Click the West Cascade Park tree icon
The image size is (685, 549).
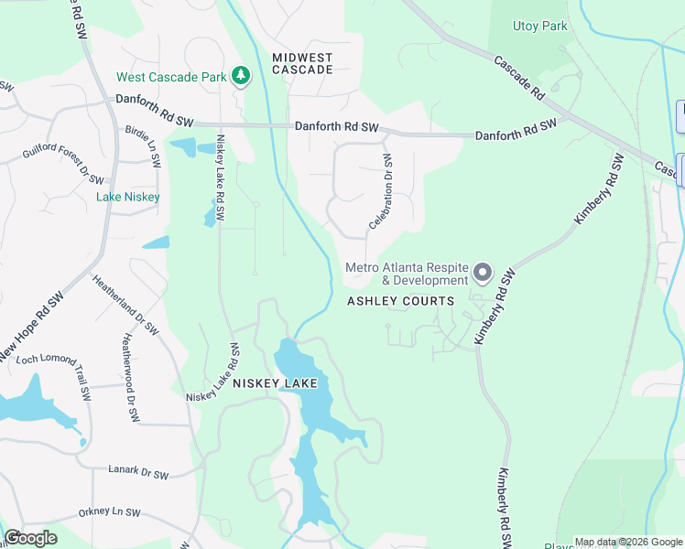point(241,76)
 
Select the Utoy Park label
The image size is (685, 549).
point(540,26)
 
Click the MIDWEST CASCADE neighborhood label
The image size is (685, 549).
point(302,63)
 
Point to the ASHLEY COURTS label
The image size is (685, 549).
point(400,301)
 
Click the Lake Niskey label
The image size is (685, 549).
point(128,197)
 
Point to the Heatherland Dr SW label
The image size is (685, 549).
point(126,303)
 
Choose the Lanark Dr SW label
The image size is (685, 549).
point(136,474)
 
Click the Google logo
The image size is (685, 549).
point(30,538)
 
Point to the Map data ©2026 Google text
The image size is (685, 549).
point(626,542)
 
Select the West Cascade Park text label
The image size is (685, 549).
point(171,77)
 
